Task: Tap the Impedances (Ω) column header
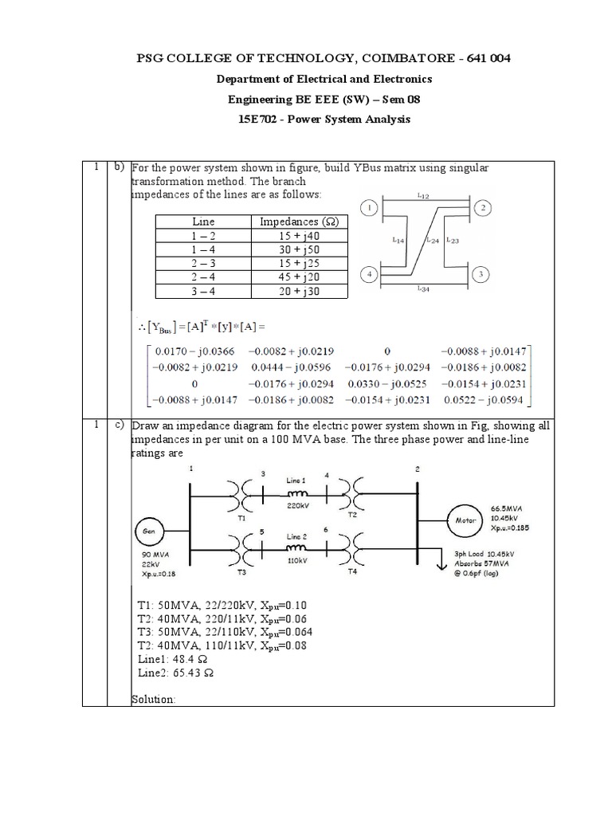click(300, 222)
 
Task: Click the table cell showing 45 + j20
click(300, 277)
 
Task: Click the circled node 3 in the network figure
click(481, 276)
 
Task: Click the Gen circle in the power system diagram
click(150, 530)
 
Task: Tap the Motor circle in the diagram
click(465, 520)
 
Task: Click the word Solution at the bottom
click(152, 699)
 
